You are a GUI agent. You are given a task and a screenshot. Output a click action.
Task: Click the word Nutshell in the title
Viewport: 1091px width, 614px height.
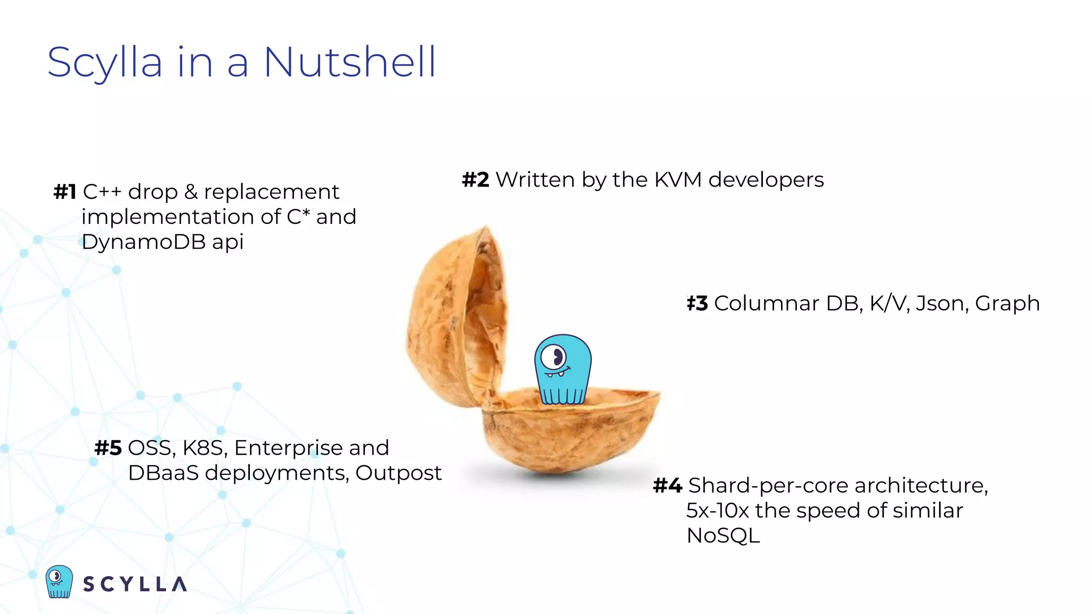(x=350, y=63)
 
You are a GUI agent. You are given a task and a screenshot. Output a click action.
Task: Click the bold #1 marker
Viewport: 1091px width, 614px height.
(x=65, y=192)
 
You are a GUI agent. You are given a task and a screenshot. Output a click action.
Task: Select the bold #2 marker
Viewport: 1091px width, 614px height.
(x=475, y=180)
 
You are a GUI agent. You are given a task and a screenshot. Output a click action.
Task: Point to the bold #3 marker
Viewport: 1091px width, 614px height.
(x=697, y=304)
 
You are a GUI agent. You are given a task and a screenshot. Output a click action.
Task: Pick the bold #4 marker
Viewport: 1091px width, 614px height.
(x=667, y=486)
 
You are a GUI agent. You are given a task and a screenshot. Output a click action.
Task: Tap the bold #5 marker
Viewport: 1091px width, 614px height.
(x=108, y=448)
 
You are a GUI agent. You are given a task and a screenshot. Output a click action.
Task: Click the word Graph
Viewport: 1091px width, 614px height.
(x=1007, y=304)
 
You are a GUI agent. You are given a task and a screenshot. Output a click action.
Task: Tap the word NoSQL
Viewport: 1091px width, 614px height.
(x=723, y=536)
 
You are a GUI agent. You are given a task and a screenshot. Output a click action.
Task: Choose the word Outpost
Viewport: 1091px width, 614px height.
(x=398, y=473)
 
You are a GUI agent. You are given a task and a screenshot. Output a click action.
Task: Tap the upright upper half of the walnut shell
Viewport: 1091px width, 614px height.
(x=453, y=320)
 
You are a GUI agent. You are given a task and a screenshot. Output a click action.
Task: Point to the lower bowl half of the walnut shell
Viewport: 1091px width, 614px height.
(x=570, y=432)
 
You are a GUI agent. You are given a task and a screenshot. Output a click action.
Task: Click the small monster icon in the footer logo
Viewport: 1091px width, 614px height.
(x=59, y=581)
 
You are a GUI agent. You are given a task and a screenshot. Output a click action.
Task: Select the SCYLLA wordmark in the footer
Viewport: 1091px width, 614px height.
(x=135, y=584)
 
